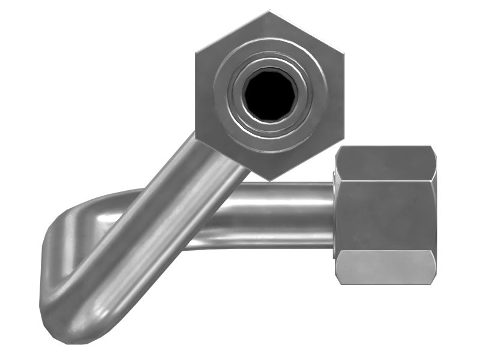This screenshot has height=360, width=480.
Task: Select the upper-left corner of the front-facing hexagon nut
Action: (197, 53)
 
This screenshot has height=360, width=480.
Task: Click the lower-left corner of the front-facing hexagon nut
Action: (197, 137)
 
